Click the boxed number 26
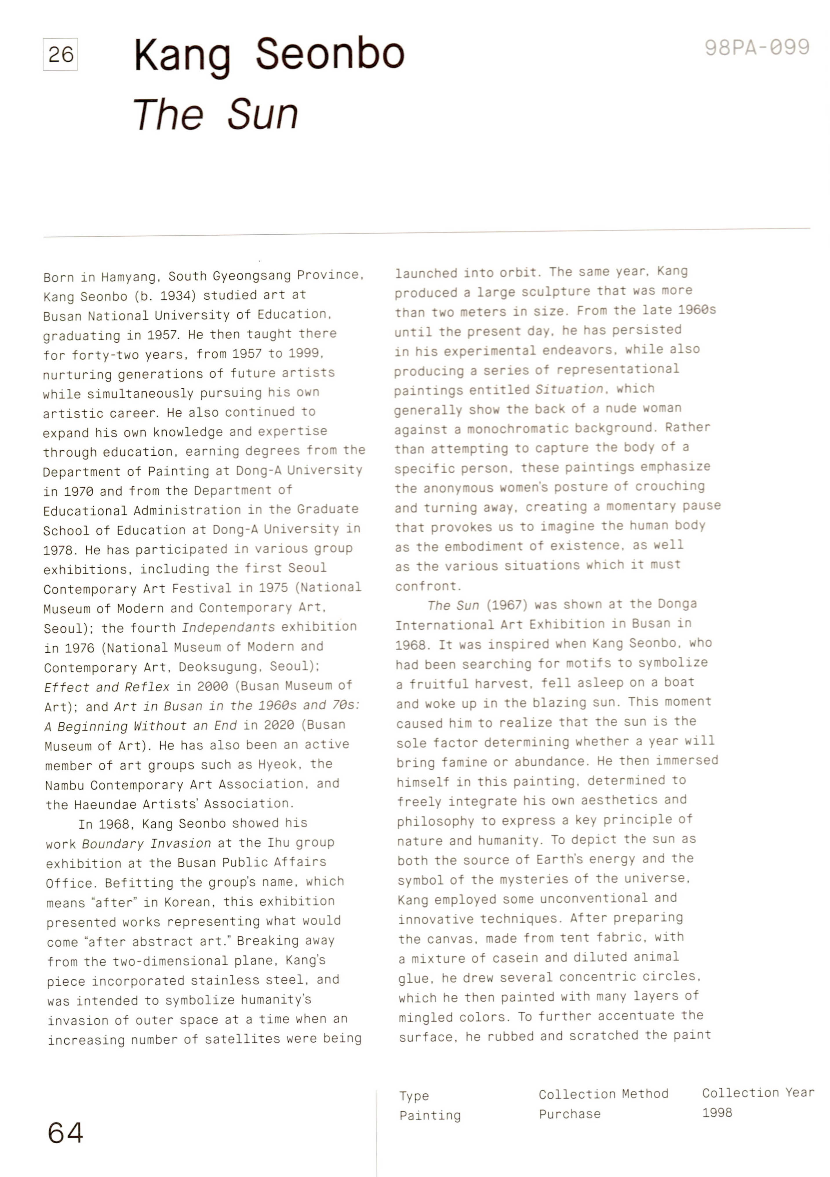click(61, 54)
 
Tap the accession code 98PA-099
click(757, 48)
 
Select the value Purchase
click(569, 1113)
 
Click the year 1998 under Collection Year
click(717, 1112)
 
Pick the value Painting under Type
click(430, 1115)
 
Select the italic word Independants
click(228, 627)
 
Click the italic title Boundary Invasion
click(146, 843)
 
